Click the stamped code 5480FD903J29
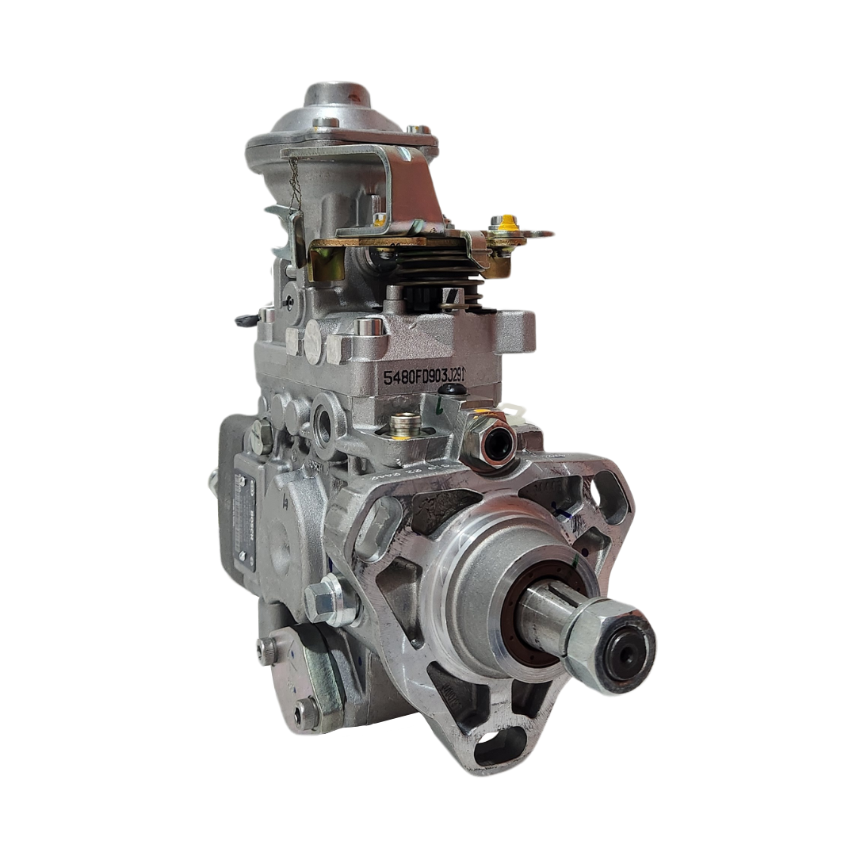pyautogui.click(x=423, y=375)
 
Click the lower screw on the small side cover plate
pyautogui.click(x=305, y=713)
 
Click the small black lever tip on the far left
pyautogui.click(x=245, y=320)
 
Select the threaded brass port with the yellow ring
pyautogui.click(x=406, y=425)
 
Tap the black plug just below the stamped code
pyautogui.click(x=453, y=390)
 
